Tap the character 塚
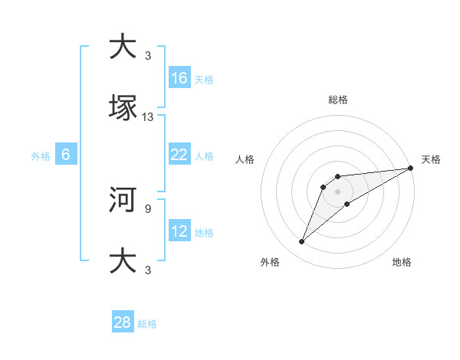pos(123,108)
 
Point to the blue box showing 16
pos(179,78)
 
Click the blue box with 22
pos(179,155)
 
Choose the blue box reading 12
pos(179,231)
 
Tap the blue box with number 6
pos(66,155)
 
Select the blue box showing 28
pos(123,322)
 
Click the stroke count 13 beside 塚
pos(148,117)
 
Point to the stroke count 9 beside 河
pos(147,208)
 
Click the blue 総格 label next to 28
pos(147,324)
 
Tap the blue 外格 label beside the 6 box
pos(41,156)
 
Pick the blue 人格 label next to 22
pos(204,156)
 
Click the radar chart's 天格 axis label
pos(431,159)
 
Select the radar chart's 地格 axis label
pos(402,263)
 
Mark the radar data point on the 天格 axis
pos(411,168)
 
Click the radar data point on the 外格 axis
pos(302,242)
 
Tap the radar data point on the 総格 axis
pos(338,177)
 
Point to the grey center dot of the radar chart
pos(338,191)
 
